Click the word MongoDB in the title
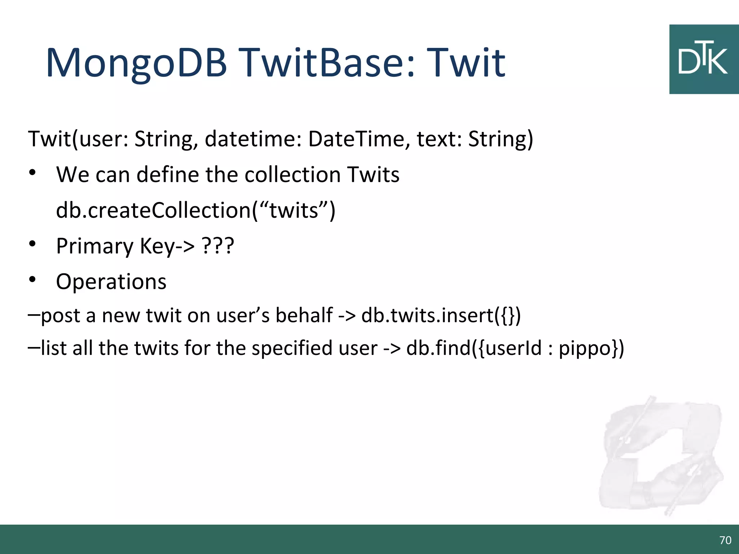pyautogui.click(x=136, y=63)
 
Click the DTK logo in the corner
pyautogui.click(x=703, y=60)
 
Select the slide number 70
pyautogui.click(x=725, y=540)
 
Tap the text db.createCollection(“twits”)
pyautogui.click(x=196, y=210)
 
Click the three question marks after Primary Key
pyautogui.click(x=218, y=246)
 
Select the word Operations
pyautogui.click(x=111, y=282)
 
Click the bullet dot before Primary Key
pyautogui.click(x=32, y=244)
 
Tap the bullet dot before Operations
pyautogui.click(x=32, y=280)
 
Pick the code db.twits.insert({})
pyautogui.click(x=441, y=315)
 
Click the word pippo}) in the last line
pyautogui.click(x=591, y=348)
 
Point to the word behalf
pyautogui.click(x=304, y=315)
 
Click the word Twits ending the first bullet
pyautogui.click(x=373, y=175)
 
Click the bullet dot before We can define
pyautogui.click(x=32, y=173)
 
